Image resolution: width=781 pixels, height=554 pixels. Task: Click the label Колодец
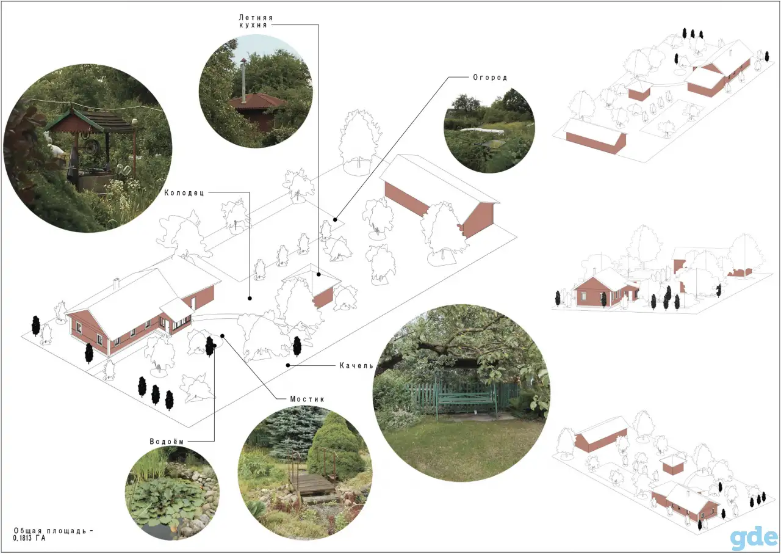click(x=184, y=192)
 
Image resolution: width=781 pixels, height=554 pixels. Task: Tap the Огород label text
click(x=489, y=78)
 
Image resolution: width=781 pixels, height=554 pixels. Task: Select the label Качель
click(x=356, y=365)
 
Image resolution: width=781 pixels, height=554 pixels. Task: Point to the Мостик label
click(x=307, y=399)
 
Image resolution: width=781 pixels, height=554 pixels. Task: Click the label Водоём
click(x=167, y=442)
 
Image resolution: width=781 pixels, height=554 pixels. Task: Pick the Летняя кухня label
click(x=256, y=21)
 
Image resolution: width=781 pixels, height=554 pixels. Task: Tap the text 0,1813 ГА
click(x=29, y=538)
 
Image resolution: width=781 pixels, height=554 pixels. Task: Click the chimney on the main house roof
click(x=117, y=283)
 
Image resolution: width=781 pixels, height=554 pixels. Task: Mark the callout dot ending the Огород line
click(x=335, y=219)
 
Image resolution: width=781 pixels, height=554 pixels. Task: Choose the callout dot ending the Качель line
click(x=288, y=365)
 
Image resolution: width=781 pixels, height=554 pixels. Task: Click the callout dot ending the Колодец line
click(x=250, y=298)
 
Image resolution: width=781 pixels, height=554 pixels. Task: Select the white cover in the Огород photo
click(x=482, y=131)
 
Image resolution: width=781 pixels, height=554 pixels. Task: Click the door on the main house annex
click(x=168, y=326)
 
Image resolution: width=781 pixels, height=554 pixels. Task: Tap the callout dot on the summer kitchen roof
click(x=319, y=274)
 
